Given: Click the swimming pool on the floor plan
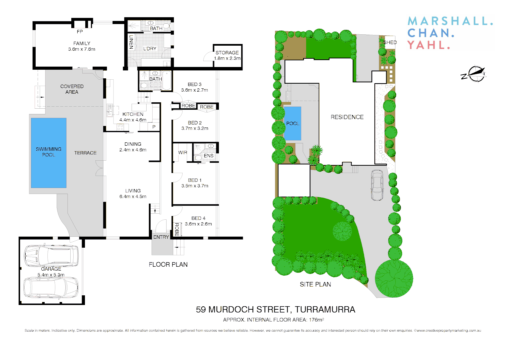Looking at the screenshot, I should pyautogui.click(x=49, y=152).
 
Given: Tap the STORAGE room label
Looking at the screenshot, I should pyautogui.click(x=227, y=53).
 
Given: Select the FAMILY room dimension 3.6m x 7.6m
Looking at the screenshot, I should pyautogui.click(x=82, y=49).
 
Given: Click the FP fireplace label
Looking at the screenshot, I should pyautogui.click(x=80, y=32).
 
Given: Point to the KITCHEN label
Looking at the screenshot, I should pyautogui.click(x=133, y=114).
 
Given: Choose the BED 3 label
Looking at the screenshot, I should pyautogui.click(x=195, y=84).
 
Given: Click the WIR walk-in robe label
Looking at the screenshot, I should pyautogui.click(x=183, y=152).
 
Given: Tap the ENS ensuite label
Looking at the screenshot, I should pyautogui.click(x=209, y=156).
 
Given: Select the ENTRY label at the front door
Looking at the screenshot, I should pyautogui.click(x=161, y=237).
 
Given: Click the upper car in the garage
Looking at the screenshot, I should pyautogui.click(x=51, y=256).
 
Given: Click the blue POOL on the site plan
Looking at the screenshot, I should pyautogui.click(x=292, y=123).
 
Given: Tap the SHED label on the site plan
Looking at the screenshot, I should pyautogui.click(x=390, y=42).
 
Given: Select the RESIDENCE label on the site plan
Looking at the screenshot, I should pyautogui.click(x=347, y=117).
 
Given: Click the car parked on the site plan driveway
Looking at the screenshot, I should pyautogui.click(x=377, y=185).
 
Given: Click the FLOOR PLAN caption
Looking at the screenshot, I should pyautogui.click(x=168, y=264).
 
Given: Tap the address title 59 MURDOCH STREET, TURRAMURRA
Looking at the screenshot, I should pyautogui.click(x=275, y=310).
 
